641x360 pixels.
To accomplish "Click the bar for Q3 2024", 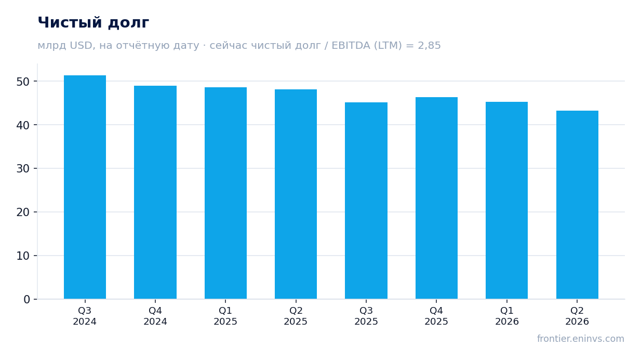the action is click(85, 187).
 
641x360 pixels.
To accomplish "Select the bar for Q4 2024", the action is click(155, 192).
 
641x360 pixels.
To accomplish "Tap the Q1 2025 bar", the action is click(225, 193).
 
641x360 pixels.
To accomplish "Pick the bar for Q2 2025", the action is click(296, 194).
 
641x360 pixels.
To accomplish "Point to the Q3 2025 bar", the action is click(366, 201).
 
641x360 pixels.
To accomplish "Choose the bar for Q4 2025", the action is click(436, 198).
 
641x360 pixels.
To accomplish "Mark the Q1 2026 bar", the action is click(506, 201).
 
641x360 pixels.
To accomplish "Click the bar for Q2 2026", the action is click(577, 205).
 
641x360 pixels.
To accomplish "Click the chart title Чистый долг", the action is click(94, 23).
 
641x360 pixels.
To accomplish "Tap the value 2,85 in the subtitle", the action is click(429, 46).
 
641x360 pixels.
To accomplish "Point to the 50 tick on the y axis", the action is click(23, 82).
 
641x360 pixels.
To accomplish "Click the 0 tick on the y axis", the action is click(26, 300).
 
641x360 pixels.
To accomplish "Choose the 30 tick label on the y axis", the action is click(23, 169).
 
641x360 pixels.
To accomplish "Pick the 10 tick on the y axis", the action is click(23, 256).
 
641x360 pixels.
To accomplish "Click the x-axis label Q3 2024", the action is click(85, 316).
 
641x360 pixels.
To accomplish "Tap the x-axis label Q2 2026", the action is click(577, 316).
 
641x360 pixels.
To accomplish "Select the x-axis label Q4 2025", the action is click(436, 316).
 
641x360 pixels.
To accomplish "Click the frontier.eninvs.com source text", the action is click(581, 339).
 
